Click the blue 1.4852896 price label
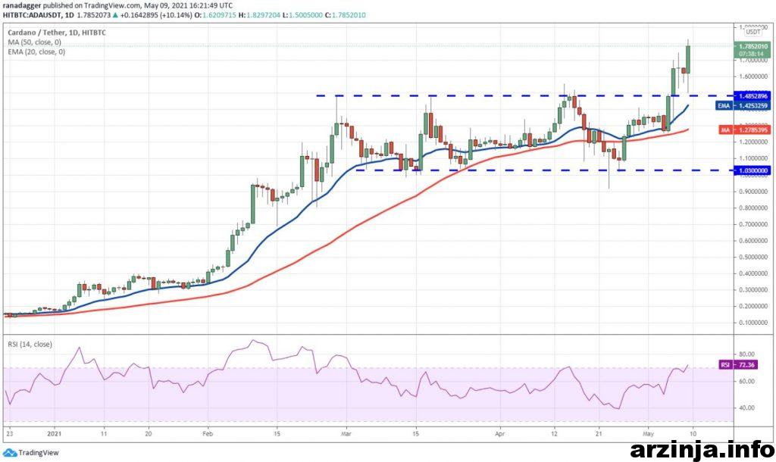[x=752, y=96]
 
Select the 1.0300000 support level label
[x=752, y=170]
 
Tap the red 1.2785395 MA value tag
[x=752, y=130]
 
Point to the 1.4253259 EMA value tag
[x=752, y=106]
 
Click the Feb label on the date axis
[x=208, y=435]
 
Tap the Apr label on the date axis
[x=500, y=435]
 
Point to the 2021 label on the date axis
[x=54, y=435]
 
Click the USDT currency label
[x=753, y=33]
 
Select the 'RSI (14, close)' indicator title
[x=30, y=344]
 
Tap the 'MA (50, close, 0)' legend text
[x=35, y=42]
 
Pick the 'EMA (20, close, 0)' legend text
[x=36, y=52]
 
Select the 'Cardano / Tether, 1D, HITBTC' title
[x=56, y=33]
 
